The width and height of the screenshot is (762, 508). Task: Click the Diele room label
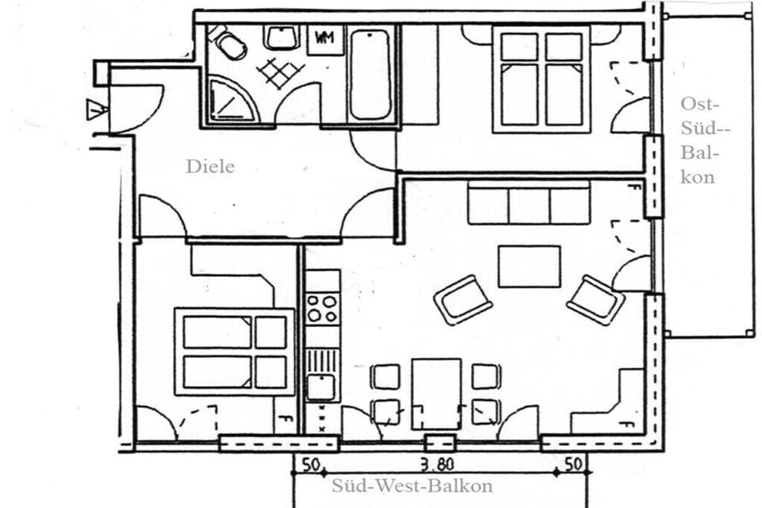[210, 167]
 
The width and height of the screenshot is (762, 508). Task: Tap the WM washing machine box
[324, 37]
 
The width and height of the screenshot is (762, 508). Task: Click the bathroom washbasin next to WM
[281, 37]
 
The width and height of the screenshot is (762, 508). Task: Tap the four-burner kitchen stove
[322, 309]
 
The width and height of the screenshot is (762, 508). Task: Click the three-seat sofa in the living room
[529, 203]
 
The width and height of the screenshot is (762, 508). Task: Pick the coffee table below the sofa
[529, 266]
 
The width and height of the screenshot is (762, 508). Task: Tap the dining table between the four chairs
[436, 393]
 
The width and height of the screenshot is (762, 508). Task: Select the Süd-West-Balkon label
[412, 486]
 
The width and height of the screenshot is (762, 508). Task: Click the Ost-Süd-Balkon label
[698, 140]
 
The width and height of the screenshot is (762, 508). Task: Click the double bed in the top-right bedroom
[541, 79]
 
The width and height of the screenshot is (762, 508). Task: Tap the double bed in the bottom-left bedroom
[234, 352]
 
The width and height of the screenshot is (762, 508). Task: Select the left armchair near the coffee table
[462, 299]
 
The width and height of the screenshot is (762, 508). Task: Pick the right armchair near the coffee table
[595, 299]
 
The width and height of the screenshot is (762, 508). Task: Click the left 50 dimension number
[309, 465]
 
